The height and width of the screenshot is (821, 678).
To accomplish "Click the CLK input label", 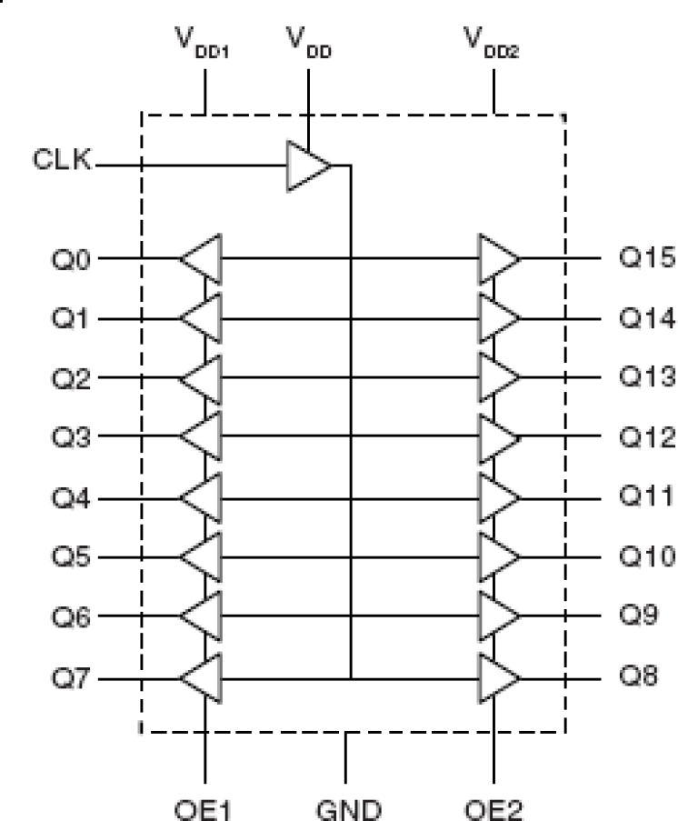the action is pyautogui.click(x=62, y=159).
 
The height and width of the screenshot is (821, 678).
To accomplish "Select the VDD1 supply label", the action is pyautogui.click(x=202, y=43).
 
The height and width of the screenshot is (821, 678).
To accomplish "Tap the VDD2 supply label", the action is pyautogui.click(x=491, y=43).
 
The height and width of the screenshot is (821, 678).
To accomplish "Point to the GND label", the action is pyautogui.click(x=349, y=809).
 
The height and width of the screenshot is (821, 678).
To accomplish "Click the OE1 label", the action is pyautogui.click(x=202, y=809).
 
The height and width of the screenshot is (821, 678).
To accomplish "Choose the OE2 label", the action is pyautogui.click(x=494, y=809).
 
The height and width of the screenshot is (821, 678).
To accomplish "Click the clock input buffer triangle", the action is pyautogui.click(x=309, y=165).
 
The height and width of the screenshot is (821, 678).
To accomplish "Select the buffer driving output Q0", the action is pyautogui.click(x=201, y=258).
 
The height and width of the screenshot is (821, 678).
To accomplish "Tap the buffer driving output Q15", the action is pyautogui.click(x=500, y=258).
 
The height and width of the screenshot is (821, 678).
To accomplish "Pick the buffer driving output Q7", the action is pyautogui.click(x=201, y=678).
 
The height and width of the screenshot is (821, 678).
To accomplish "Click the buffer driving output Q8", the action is pyautogui.click(x=500, y=678).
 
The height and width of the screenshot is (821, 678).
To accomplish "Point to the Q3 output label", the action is pyautogui.click(x=71, y=436).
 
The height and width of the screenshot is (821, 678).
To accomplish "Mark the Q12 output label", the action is pyautogui.click(x=647, y=436).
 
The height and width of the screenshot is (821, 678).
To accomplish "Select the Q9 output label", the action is pyautogui.click(x=638, y=615).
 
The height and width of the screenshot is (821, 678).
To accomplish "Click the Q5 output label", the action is pyautogui.click(x=71, y=556).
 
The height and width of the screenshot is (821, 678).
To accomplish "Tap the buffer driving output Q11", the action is pyautogui.click(x=500, y=498).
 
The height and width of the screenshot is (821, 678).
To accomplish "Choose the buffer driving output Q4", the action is pyautogui.click(x=201, y=498).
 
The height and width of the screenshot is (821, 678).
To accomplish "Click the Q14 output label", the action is pyautogui.click(x=647, y=318).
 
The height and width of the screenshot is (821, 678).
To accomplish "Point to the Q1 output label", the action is pyautogui.click(x=71, y=318).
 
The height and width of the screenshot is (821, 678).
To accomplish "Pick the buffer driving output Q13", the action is pyautogui.click(x=500, y=377).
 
